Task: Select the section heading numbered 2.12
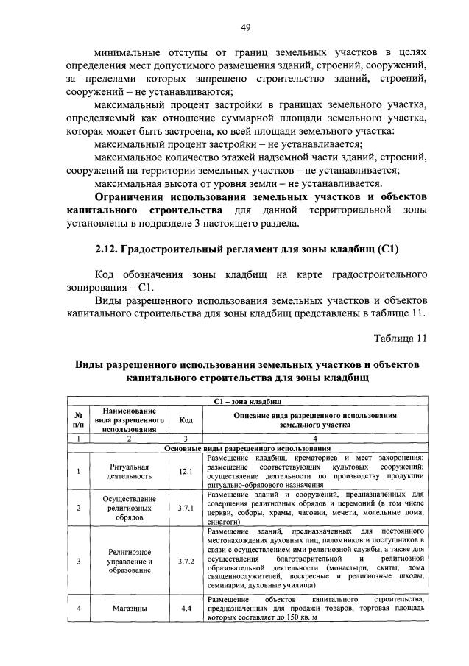click(x=247, y=248)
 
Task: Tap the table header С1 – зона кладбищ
click(x=247, y=401)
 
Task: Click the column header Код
click(x=186, y=419)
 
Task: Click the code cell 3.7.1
click(x=186, y=507)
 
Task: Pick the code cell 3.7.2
click(x=186, y=561)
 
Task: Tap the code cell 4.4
click(x=186, y=609)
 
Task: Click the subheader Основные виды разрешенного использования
click(x=247, y=447)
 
